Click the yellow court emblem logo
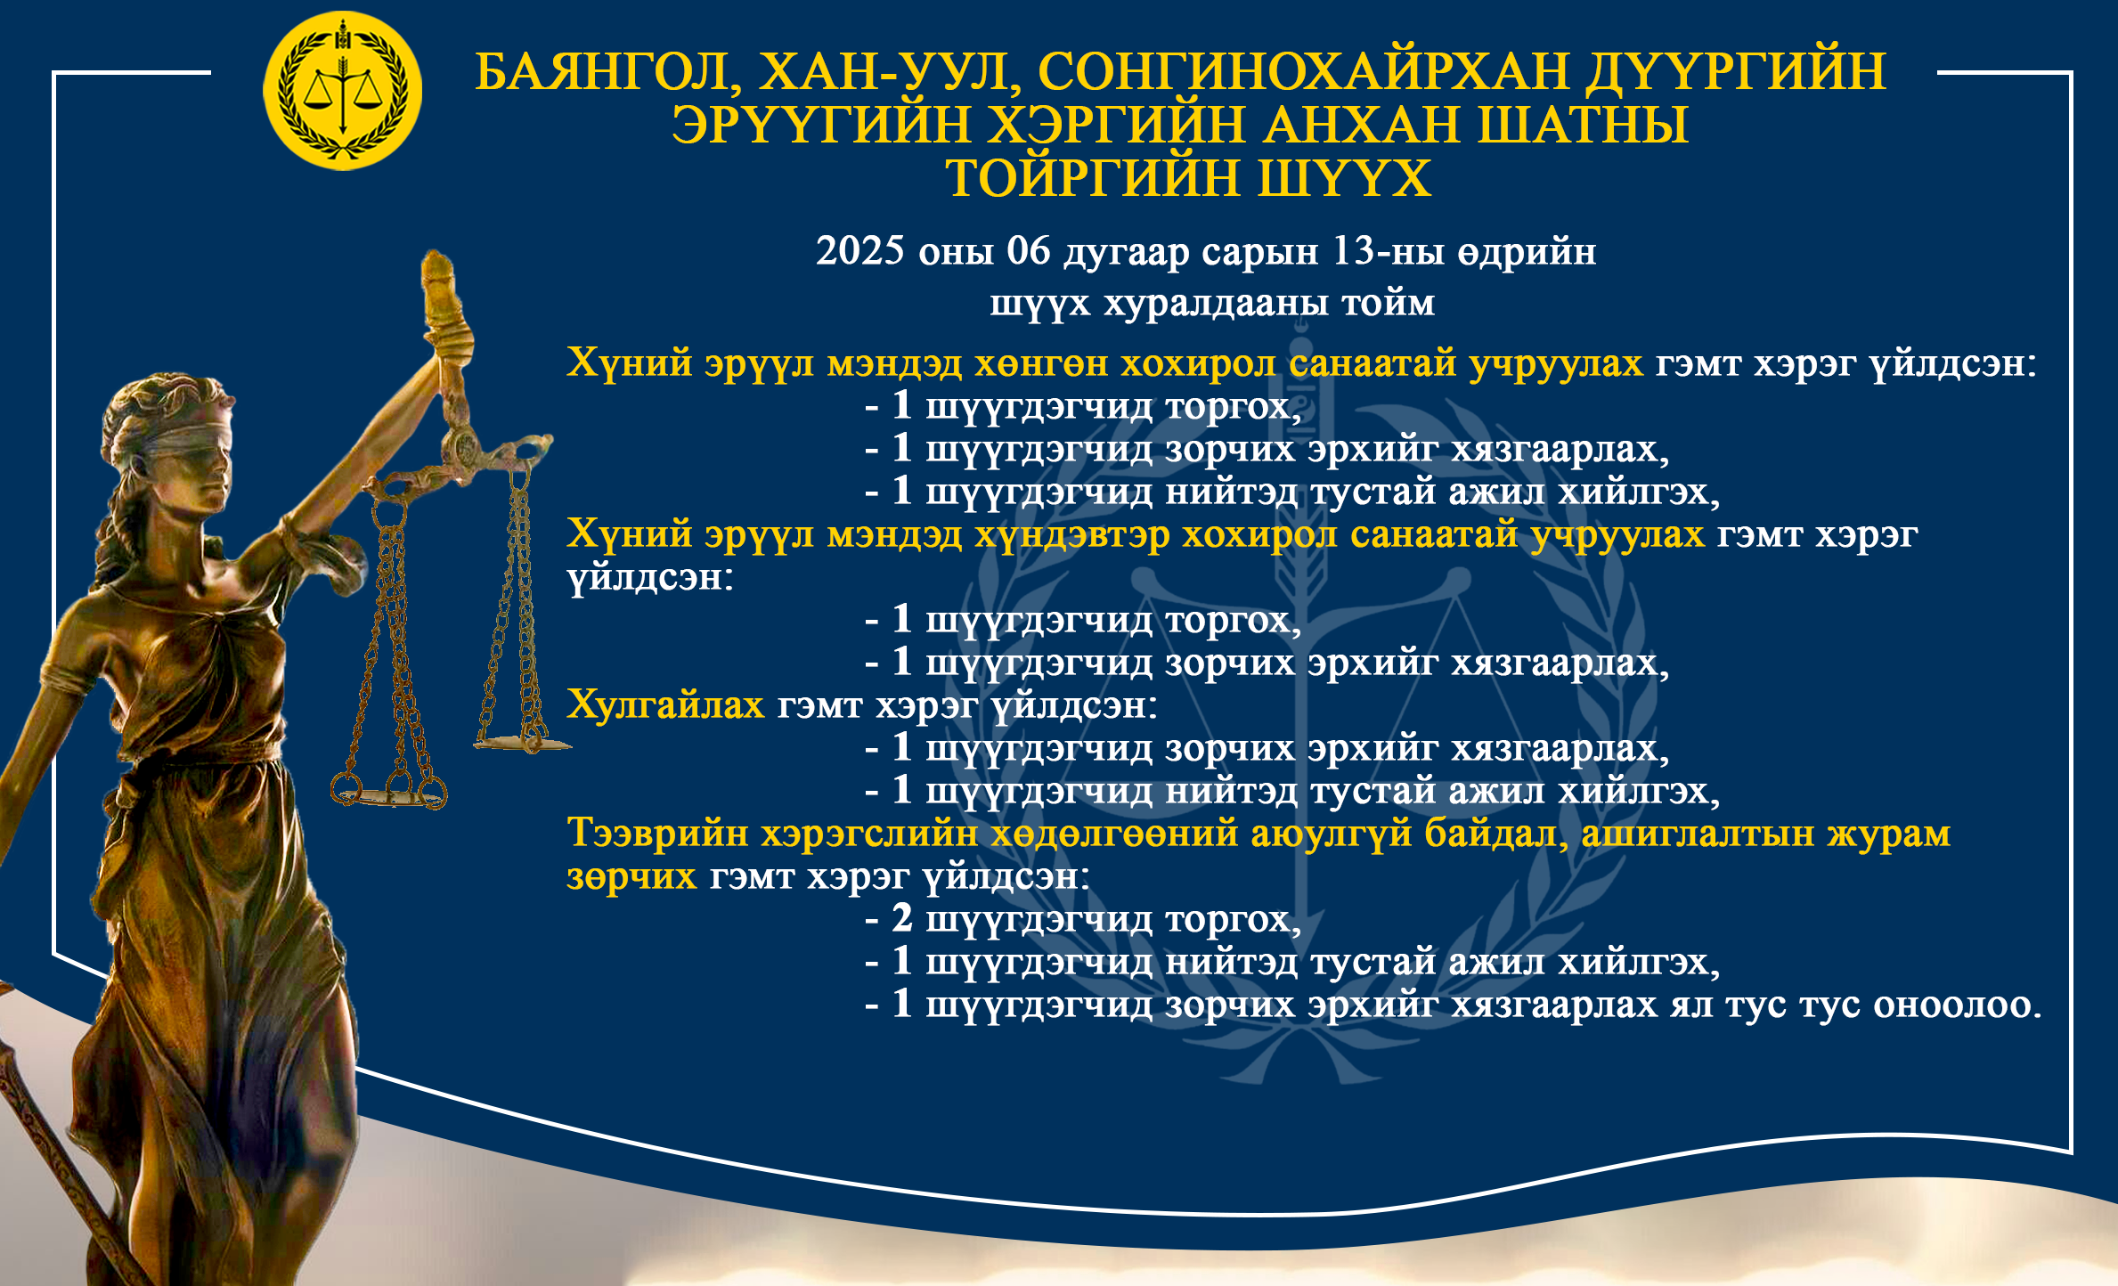click(342, 91)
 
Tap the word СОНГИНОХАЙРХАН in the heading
click(1304, 71)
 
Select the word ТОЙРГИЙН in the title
click(1093, 178)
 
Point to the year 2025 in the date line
click(860, 251)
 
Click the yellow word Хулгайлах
click(665, 704)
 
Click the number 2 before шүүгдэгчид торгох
click(902, 918)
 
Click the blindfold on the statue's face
click(185, 442)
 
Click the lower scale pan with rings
click(389, 792)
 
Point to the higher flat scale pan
click(522, 742)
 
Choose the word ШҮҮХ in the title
click(1344, 178)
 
